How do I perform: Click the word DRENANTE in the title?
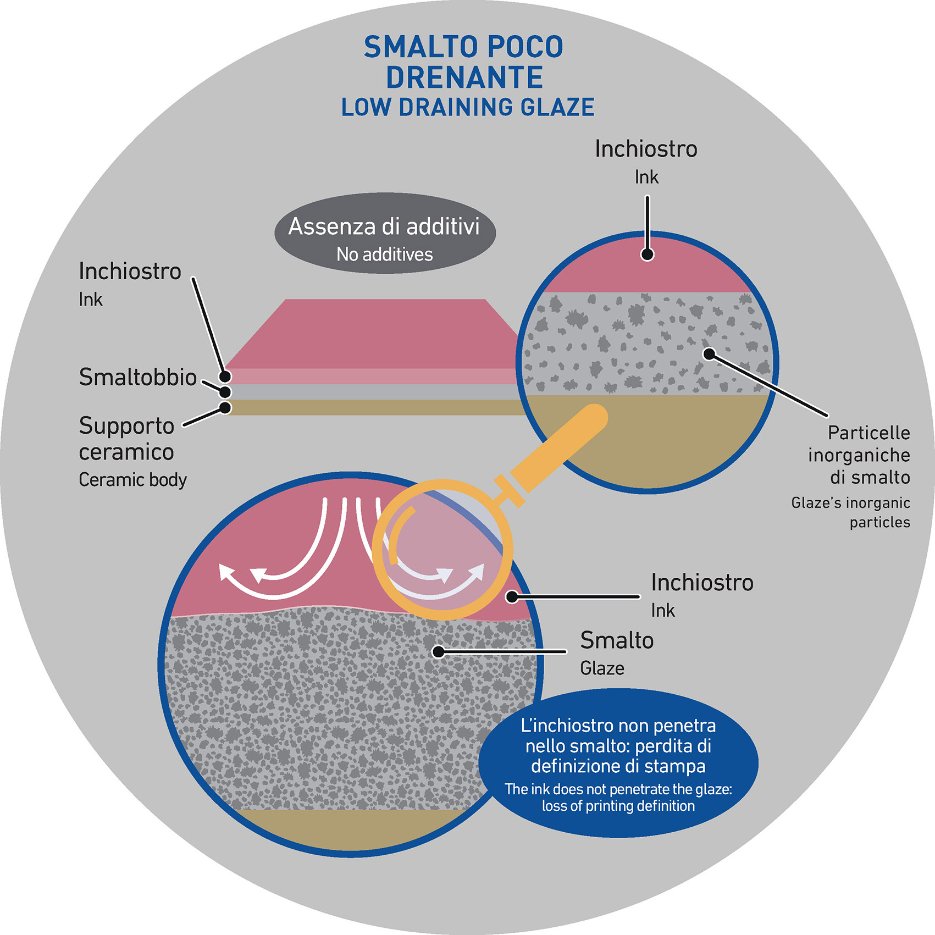464,78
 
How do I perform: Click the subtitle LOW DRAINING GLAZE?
468,108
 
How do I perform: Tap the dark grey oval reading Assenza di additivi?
385,233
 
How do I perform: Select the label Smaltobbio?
137,377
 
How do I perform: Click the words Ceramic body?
132,480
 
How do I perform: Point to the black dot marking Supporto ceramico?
225,408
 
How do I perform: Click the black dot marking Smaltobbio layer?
225,392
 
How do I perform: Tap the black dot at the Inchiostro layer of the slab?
225,377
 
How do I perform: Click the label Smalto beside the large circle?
617,640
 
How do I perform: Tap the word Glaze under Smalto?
602,668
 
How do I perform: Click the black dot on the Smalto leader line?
438,652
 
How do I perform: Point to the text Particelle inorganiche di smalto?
859,455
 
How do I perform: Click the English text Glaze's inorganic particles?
851,512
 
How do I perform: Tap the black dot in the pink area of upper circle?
648,255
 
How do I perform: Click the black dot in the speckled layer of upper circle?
709,354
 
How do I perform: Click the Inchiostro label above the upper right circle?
646,149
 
